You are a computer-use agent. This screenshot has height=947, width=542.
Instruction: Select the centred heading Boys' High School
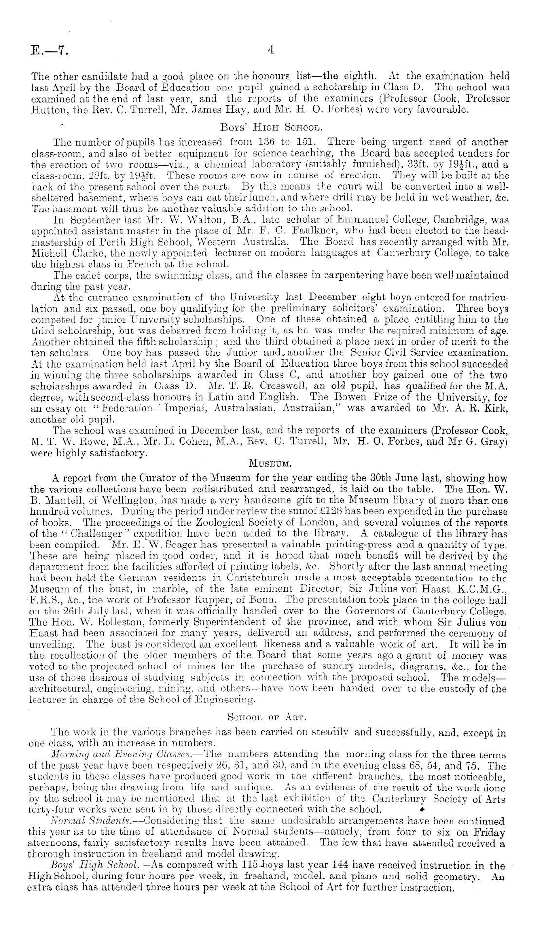271,129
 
